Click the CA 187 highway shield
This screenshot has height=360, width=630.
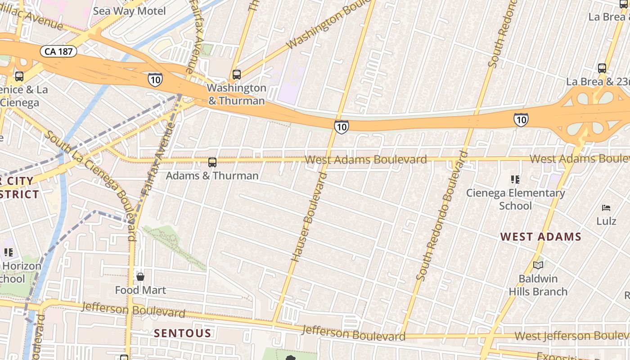coord(58,51)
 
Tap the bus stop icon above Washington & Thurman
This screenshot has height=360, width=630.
coord(237,74)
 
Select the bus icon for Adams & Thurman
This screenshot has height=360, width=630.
coord(212,162)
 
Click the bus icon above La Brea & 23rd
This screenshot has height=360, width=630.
coord(602,68)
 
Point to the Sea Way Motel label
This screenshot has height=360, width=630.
coord(129,11)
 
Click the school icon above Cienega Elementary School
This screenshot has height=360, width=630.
coord(515,180)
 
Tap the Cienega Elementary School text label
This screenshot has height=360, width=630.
coord(516,199)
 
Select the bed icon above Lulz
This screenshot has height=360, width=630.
coord(606,208)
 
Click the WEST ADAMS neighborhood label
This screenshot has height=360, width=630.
coord(541,237)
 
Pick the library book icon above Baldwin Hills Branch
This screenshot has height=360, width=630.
coord(538,265)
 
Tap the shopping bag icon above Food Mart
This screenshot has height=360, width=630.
coord(140,276)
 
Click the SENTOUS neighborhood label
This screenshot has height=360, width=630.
coord(182,333)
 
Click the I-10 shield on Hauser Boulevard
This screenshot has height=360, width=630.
coord(341,127)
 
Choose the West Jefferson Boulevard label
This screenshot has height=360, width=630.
coord(571,336)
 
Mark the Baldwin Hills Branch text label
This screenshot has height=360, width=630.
coord(538,285)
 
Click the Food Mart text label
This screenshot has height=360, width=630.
coord(140,290)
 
